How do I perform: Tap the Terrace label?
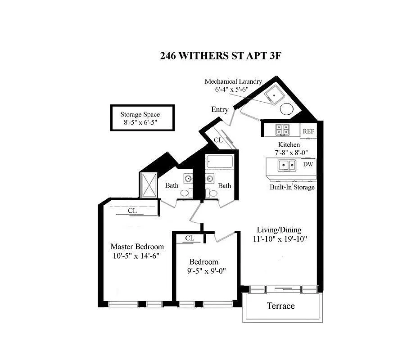pos(280,306)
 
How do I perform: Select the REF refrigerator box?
pos(308,131)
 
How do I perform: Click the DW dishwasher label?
pos(308,164)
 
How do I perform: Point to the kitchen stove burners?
pos(282,130)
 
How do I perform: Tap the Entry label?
pos(220,109)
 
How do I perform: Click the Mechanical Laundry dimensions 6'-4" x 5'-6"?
pos(233,90)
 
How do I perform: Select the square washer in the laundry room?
pos(273,96)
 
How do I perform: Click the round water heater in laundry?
pos(287,108)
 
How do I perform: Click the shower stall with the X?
pos(148,185)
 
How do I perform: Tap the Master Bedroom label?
pos(137,247)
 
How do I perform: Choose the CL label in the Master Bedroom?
pos(132,210)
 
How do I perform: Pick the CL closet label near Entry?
pos(218,140)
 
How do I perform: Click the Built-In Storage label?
pos(292,187)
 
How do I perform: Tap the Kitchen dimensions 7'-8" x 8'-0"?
pos(289,153)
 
